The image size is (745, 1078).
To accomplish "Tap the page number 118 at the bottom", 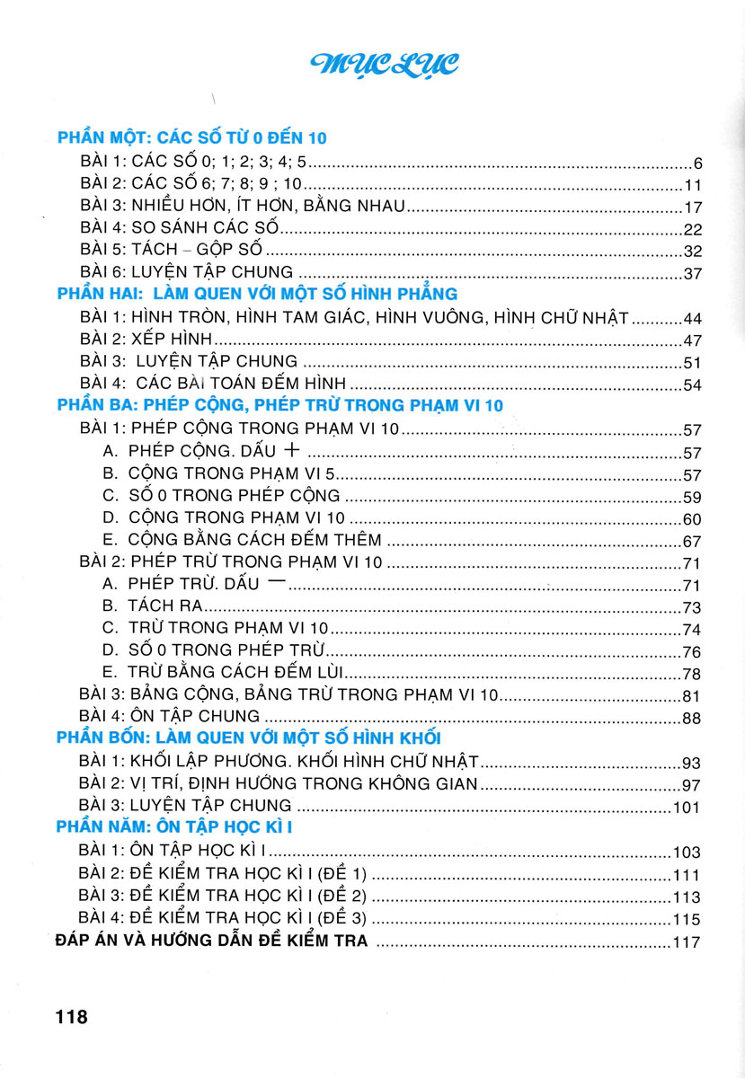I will coord(71,1017).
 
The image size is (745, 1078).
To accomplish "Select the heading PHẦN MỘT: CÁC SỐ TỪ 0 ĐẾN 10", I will coord(191,137).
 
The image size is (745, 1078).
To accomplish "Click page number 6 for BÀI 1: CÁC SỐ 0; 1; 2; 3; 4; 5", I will coord(696,164).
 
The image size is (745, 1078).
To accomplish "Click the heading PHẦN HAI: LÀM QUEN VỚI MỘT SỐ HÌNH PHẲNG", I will coord(257,294).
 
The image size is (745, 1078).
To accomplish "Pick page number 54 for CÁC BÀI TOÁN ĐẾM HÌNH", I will coord(690,385).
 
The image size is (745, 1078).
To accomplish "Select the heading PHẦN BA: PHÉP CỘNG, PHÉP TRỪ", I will coord(279,405).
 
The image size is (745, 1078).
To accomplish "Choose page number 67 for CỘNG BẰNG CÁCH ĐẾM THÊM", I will coord(690,542).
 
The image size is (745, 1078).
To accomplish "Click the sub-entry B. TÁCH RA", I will coord(152,606).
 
